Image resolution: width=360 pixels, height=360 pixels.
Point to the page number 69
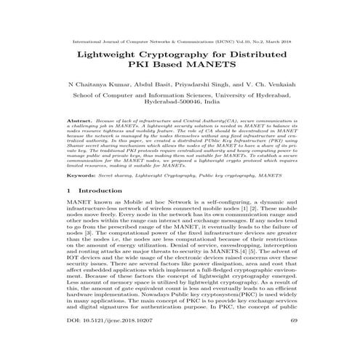click(293, 338)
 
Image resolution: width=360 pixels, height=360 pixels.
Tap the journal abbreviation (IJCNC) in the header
click(228, 33)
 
